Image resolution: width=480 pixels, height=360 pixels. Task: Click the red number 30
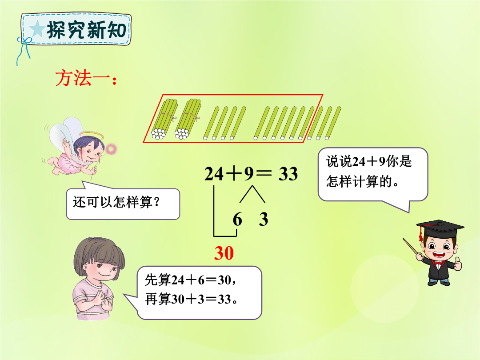tap(224, 253)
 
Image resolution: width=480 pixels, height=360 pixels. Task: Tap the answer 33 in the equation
tap(288, 174)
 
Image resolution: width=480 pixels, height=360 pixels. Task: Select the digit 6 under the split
tap(237, 219)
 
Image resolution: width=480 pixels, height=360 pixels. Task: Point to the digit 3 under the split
tap(264, 219)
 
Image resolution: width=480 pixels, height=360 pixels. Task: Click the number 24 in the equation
tap(214, 174)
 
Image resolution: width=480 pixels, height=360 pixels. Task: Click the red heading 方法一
tap(86, 78)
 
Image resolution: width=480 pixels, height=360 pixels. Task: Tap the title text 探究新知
tap(86, 30)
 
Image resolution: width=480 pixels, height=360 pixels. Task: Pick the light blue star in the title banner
tap(37, 29)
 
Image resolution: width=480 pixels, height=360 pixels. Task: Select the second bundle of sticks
tap(188, 119)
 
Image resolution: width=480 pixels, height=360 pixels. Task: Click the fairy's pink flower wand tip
tap(111, 149)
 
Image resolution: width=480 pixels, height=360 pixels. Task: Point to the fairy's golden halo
tap(92, 135)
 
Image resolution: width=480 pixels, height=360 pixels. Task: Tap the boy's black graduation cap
tap(440, 228)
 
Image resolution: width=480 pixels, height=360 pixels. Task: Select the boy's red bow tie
tap(439, 263)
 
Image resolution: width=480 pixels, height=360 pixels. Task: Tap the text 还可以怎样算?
tap(116, 202)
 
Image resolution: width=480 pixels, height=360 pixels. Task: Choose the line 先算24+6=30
tap(190, 280)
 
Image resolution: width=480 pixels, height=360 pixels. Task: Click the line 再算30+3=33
tap(191, 299)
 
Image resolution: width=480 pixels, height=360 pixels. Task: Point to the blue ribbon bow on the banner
tap(24, 48)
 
